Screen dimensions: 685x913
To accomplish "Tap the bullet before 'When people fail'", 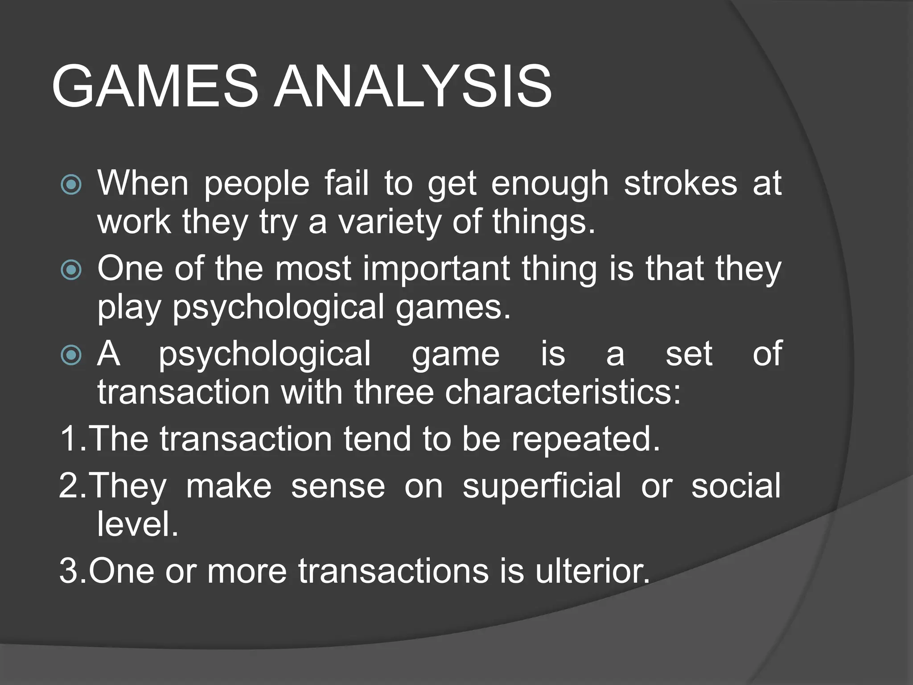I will [71, 184].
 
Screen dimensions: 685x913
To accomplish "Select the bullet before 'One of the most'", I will [71, 270].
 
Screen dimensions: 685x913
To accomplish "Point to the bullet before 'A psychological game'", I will [71, 355].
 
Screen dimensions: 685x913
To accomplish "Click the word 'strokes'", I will [680, 183].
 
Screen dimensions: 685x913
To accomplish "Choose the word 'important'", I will [436, 269].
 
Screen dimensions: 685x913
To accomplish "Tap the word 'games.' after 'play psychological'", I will [453, 308].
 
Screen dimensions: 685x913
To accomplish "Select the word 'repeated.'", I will [585, 439].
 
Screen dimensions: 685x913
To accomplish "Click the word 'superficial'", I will [542, 486].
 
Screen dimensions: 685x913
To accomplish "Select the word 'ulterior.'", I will [592, 571].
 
